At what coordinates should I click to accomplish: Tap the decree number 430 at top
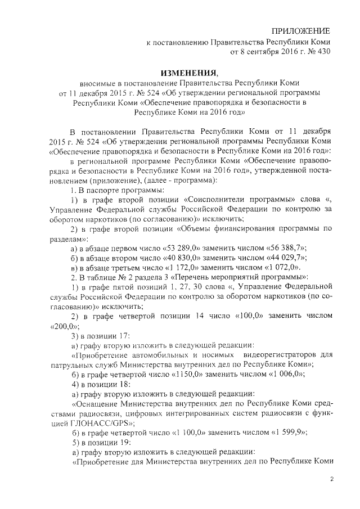[323, 52]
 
